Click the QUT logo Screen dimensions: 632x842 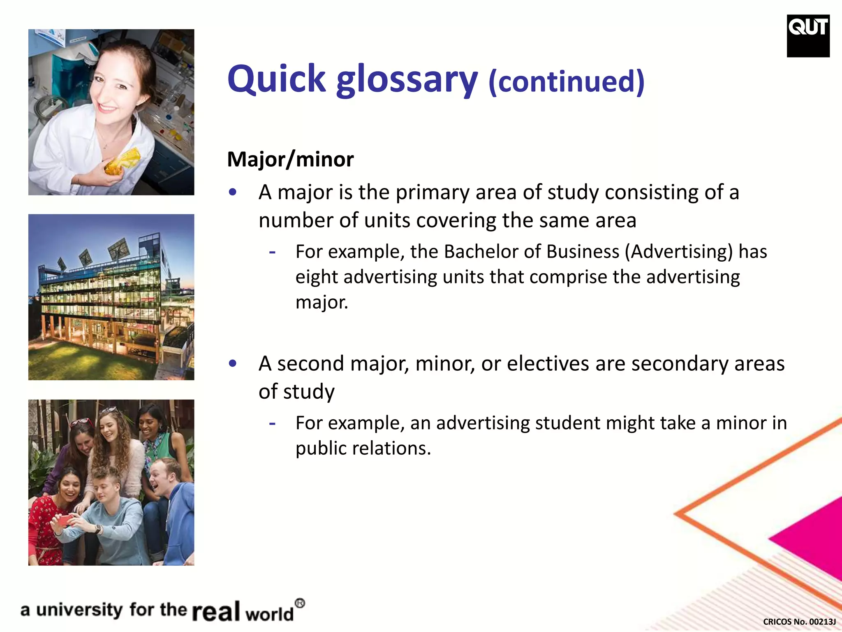pyautogui.click(x=808, y=36)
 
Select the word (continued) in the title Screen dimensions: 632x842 pyautogui.click(x=566, y=81)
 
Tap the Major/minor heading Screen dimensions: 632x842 pyautogui.click(x=290, y=159)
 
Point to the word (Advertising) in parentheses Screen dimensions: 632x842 pyautogui.click(x=679, y=251)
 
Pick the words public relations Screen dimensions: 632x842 pyautogui.click(x=363, y=448)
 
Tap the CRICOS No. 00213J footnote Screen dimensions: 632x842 pyautogui.click(x=799, y=622)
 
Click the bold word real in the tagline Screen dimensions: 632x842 pyautogui.click(x=216, y=611)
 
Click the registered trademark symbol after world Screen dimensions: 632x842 pyautogui.click(x=300, y=604)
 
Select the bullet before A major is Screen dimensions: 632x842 pyautogui.click(x=233, y=192)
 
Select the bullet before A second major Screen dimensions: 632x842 pyautogui.click(x=233, y=364)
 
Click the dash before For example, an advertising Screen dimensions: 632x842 pyautogui.click(x=272, y=423)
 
